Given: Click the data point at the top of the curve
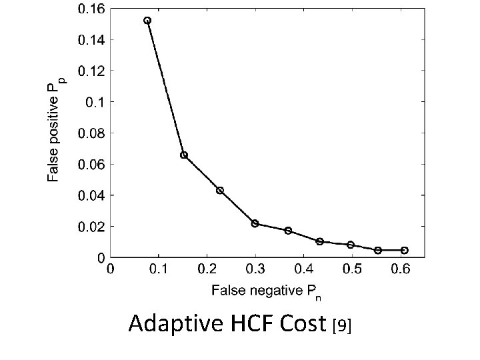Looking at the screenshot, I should (147, 21).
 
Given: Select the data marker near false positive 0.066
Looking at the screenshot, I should (184, 155).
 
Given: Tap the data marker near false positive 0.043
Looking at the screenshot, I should (220, 191).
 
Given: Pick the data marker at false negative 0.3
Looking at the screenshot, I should (255, 223).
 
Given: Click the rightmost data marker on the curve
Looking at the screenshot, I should (404, 250).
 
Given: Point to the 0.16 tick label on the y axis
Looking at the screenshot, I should (91, 9).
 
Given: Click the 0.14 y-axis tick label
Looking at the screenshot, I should (91, 39).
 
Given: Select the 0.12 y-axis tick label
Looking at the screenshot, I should (91, 71).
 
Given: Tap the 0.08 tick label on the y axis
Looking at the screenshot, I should (91, 133).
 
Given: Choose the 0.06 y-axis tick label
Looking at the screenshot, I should (91, 164).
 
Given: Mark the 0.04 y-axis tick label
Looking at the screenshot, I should (91, 195).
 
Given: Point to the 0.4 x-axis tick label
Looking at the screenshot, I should (303, 269).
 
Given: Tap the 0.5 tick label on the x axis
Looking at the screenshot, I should (351, 269).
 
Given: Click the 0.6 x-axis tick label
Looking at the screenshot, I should (400, 269).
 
